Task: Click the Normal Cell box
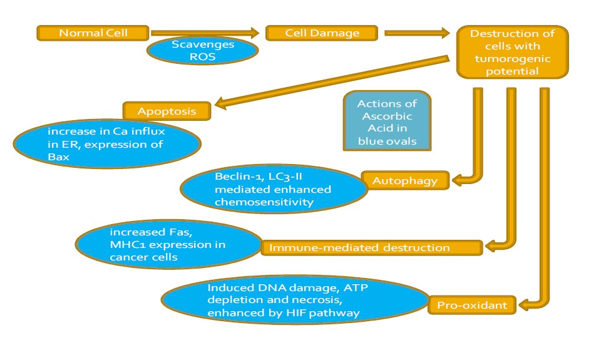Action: pyautogui.click(x=93, y=33)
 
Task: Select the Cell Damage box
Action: pyautogui.click(x=322, y=33)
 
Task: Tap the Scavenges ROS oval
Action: pyautogui.click(x=202, y=51)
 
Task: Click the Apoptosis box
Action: pyautogui.click(x=167, y=111)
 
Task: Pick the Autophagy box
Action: pyautogui.click(x=405, y=180)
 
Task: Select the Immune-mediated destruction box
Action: pyautogui.click(x=371, y=248)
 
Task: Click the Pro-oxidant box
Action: pyautogui.click(x=472, y=305)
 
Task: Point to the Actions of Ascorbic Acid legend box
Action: pyautogui.click(x=387, y=121)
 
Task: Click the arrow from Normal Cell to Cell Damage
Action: pyautogui.click(x=205, y=33)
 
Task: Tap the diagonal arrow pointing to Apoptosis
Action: pyautogui.click(x=332, y=81)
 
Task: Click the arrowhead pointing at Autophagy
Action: pyautogui.click(x=458, y=180)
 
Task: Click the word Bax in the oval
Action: pyautogui.click(x=58, y=157)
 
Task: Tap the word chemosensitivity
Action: pyautogui.click(x=264, y=202)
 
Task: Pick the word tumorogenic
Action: pyautogui.click(x=513, y=59)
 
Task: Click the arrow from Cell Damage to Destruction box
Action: pyautogui.click(x=417, y=33)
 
